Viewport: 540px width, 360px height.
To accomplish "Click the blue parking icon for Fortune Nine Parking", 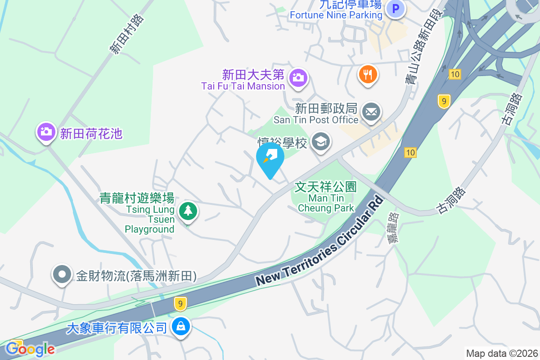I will [x=396, y=9].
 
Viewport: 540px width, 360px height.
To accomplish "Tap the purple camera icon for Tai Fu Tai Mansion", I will [x=297, y=77].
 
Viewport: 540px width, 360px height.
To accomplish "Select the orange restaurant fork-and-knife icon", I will [x=368, y=74].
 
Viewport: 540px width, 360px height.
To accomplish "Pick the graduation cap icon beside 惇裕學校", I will [x=321, y=142].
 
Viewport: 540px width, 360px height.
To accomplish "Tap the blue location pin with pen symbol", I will [x=270, y=158].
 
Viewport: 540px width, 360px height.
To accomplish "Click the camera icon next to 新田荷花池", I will [x=46, y=132].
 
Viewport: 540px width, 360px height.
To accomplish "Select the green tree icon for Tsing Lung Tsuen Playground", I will [x=188, y=211].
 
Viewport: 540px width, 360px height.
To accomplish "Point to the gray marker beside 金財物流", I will [x=62, y=274].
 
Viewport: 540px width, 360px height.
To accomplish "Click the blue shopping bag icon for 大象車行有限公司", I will [x=180, y=327].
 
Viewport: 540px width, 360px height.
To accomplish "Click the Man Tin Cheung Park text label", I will [x=326, y=198].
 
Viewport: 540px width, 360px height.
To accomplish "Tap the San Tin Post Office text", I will [x=316, y=120].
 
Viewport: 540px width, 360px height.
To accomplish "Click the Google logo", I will [x=31, y=349].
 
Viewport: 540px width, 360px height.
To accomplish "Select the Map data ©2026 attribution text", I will [x=501, y=353].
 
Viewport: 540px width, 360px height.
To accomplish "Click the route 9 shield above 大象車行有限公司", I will [x=180, y=304].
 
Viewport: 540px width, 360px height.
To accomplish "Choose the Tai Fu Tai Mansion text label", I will [x=243, y=86].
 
